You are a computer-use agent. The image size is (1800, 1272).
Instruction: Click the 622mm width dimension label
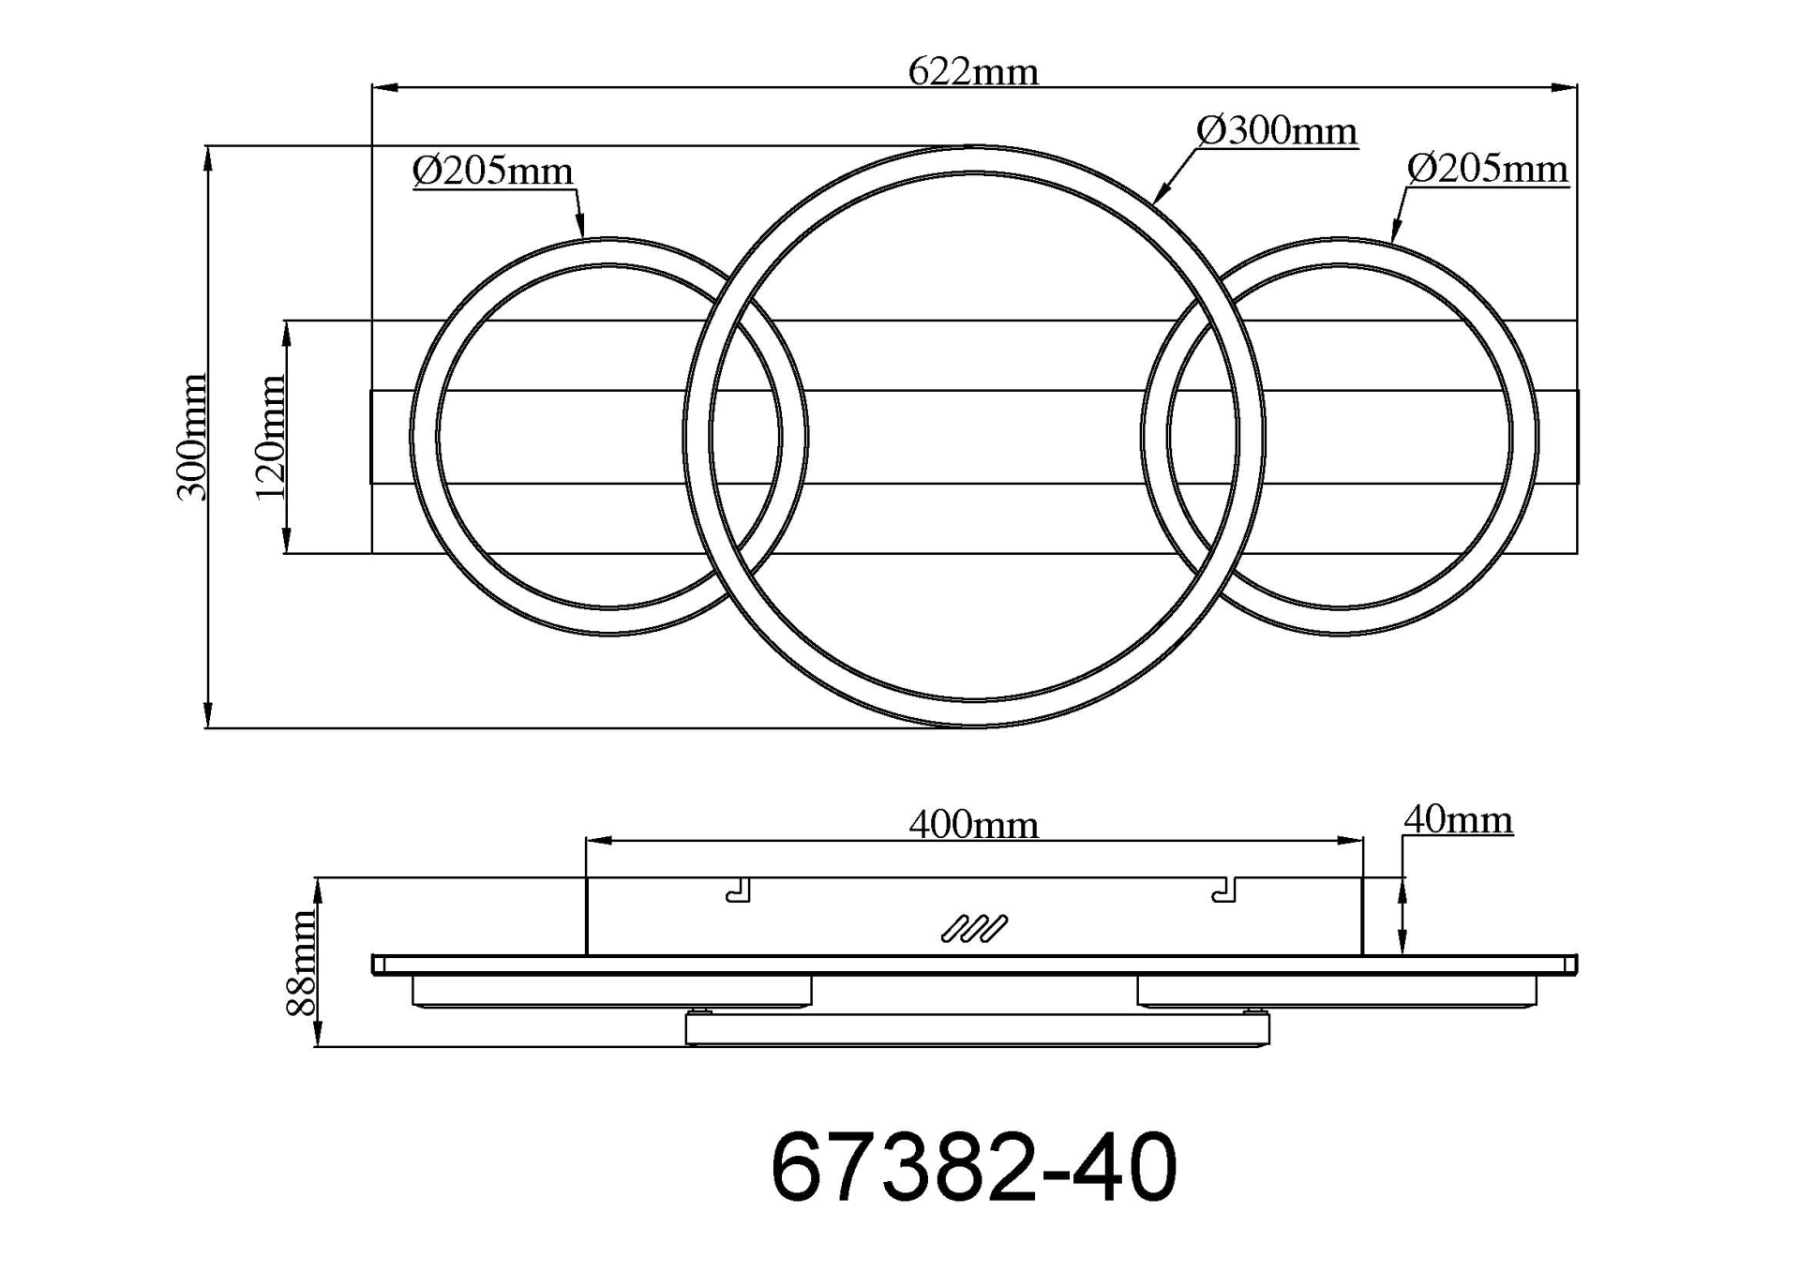[x=973, y=72]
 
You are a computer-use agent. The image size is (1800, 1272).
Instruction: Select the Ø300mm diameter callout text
[x=1277, y=131]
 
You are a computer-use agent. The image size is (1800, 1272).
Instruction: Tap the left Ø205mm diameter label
[x=492, y=172]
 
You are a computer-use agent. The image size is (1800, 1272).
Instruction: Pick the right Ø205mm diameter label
[x=1487, y=170]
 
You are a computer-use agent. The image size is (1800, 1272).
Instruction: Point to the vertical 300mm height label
[x=192, y=437]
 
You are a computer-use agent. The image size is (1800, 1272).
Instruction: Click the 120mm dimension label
[x=270, y=438]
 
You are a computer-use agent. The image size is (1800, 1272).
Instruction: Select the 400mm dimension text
[x=973, y=825]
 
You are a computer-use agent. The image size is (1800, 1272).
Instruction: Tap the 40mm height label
[x=1458, y=820]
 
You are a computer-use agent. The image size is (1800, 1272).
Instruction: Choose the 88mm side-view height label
[x=302, y=963]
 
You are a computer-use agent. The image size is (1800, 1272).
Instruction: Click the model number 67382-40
[x=973, y=1167]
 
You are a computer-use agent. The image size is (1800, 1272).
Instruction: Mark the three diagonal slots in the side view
[x=974, y=928]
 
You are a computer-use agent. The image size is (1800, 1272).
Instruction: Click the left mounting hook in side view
[x=740, y=890]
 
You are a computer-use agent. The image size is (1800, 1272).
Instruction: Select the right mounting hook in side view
[x=1224, y=890]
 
